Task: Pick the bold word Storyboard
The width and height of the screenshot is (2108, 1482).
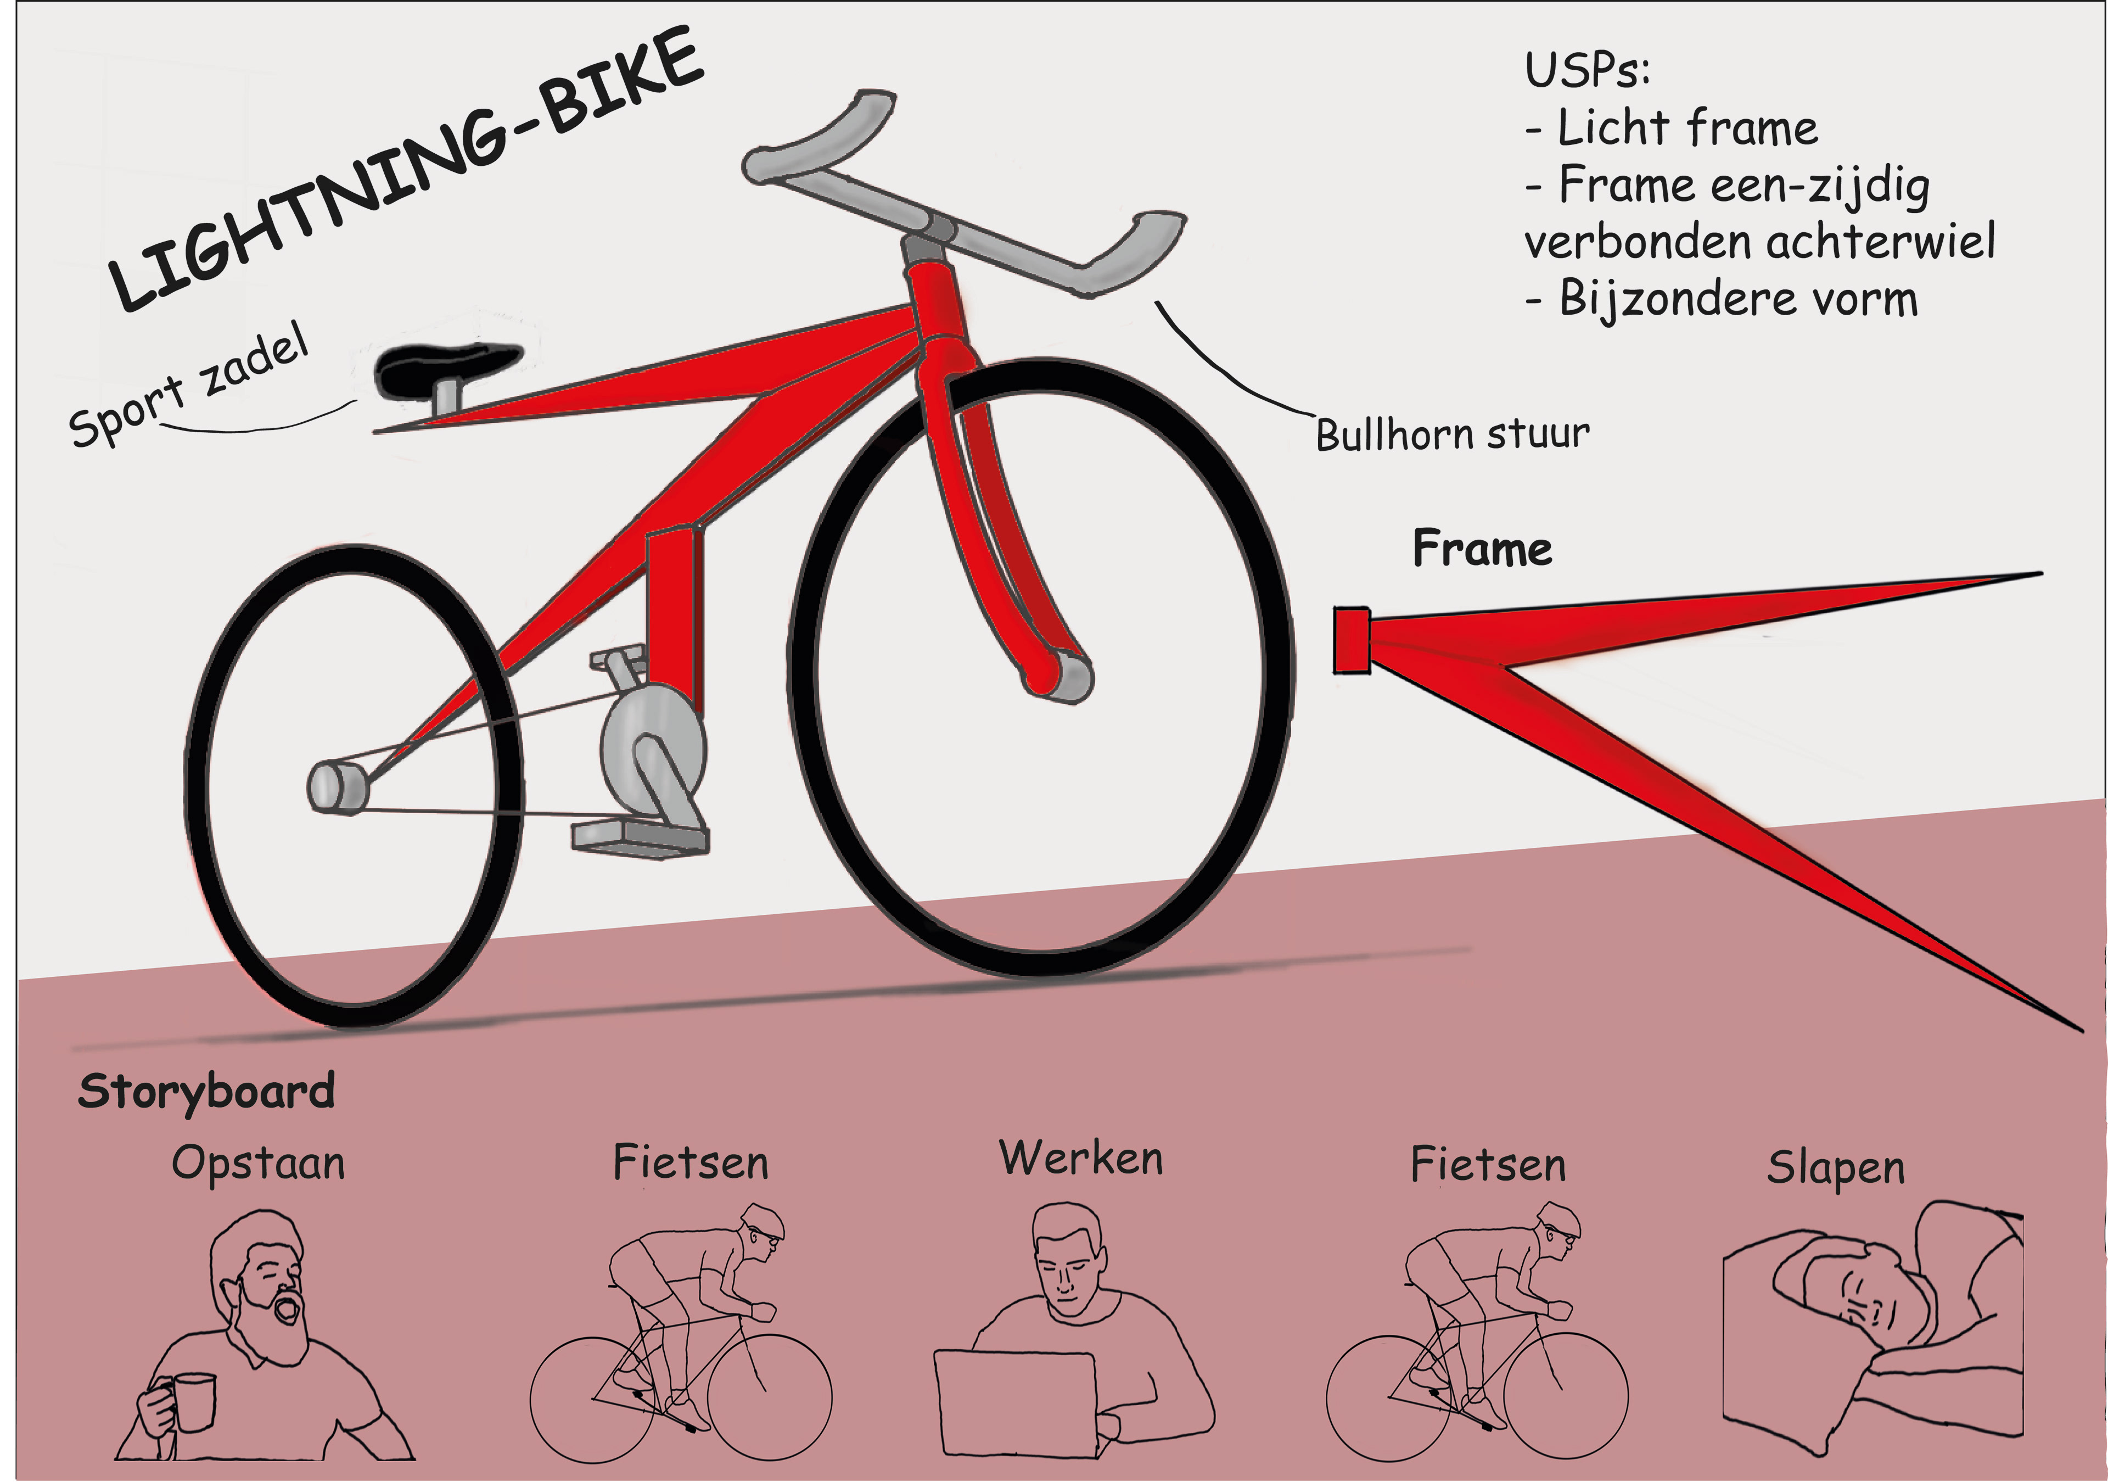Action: (x=206, y=1092)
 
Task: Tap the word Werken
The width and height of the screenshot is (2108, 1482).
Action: (x=1081, y=1159)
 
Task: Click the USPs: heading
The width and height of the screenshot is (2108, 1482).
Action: (x=1586, y=71)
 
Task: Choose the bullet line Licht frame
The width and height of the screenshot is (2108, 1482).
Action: (x=1671, y=128)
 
